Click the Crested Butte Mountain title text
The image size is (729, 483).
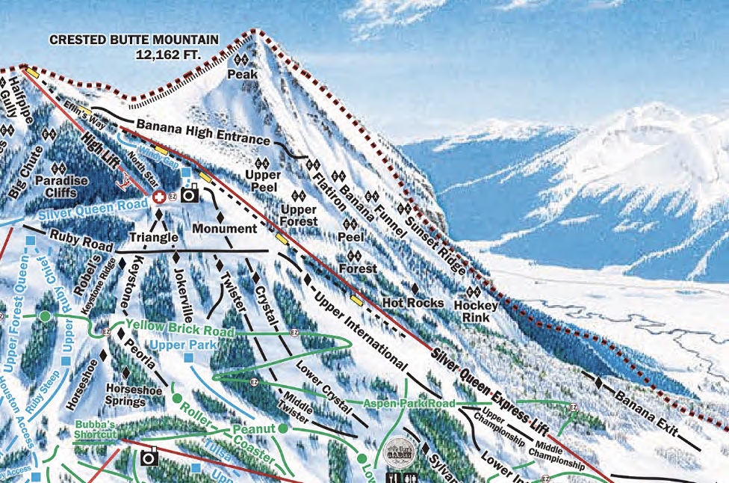(134, 40)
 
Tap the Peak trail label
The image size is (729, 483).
(242, 74)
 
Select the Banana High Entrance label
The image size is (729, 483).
(202, 133)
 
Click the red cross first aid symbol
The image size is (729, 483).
(158, 197)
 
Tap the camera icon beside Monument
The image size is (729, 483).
(190, 194)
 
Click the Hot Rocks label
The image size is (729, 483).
(412, 303)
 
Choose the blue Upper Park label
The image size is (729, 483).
(182, 345)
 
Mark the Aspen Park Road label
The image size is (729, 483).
(409, 404)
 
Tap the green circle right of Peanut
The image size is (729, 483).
(283, 428)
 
